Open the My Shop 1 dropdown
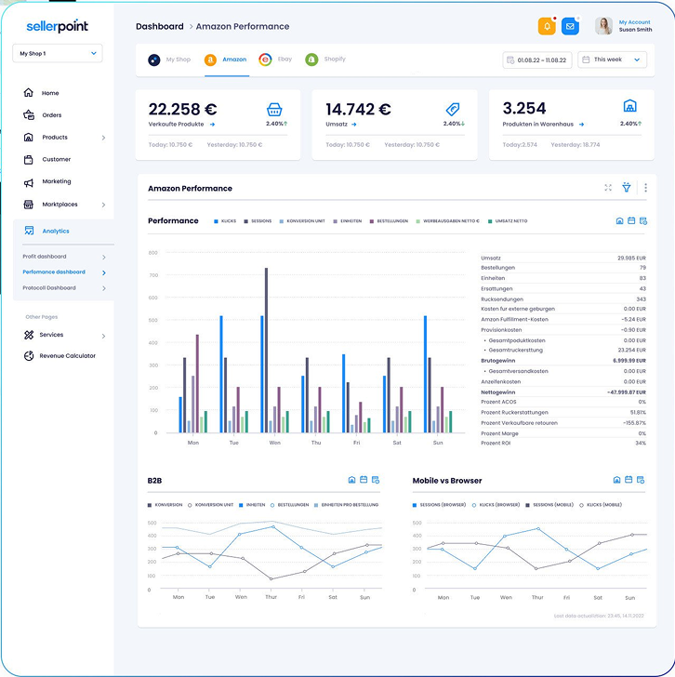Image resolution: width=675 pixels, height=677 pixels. pos(58,54)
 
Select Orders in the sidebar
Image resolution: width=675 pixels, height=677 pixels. pos(51,115)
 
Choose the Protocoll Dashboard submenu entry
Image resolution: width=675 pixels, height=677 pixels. pos(49,288)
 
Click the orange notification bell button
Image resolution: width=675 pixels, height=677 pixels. pos(546,26)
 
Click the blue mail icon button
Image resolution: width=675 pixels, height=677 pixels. pos(570,26)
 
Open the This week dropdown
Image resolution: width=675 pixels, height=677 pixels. pos(612,60)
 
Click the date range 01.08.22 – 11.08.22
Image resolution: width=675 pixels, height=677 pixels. pos(536,60)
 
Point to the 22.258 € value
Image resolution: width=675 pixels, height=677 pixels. pos(182,109)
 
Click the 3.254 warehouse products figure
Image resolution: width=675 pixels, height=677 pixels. pos(523,109)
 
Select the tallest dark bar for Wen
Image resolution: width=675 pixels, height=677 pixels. pos(266,349)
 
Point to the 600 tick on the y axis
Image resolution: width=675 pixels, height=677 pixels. pos(152,252)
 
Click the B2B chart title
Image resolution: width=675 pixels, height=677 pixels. pos(154,481)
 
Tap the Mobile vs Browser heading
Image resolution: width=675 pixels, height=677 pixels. pos(447,481)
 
